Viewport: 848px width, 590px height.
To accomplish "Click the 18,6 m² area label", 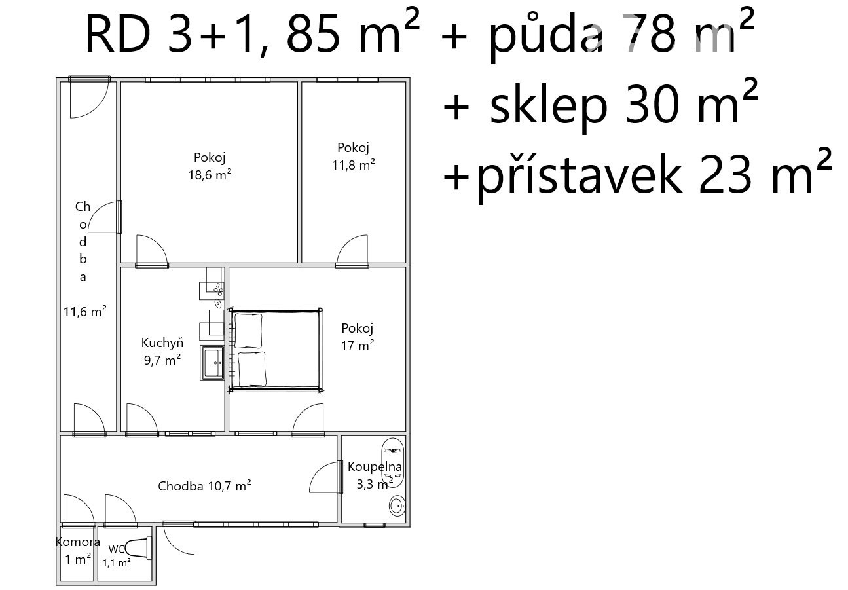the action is click(x=210, y=175).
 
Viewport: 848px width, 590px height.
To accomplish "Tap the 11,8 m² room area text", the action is click(x=354, y=165).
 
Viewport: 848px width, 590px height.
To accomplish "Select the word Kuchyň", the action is click(x=162, y=343).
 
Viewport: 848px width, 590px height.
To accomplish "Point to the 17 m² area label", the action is click(x=358, y=345).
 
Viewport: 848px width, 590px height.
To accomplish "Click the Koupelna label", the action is click(x=375, y=466).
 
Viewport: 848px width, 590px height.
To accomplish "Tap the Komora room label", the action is click(x=78, y=542).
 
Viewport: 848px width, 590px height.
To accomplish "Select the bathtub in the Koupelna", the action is click(x=393, y=463).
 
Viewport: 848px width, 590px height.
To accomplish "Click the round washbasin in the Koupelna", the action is click(x=397, y=506).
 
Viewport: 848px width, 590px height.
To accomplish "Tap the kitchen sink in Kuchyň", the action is click(x=212, y=363).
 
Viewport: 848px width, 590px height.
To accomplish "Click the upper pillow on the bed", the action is click(x=248, y=331).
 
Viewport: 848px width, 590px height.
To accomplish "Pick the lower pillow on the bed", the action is click(x=252, y=369).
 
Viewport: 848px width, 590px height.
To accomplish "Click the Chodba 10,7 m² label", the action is click(x=204, y=486).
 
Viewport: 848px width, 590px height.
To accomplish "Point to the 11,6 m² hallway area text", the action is click(x=85, y=312).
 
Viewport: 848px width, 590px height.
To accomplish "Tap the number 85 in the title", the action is click(x=313, y=35).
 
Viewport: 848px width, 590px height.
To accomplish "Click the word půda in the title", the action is click(x=545, y=35).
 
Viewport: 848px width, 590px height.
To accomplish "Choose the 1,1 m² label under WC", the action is click(x=117, y=562).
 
